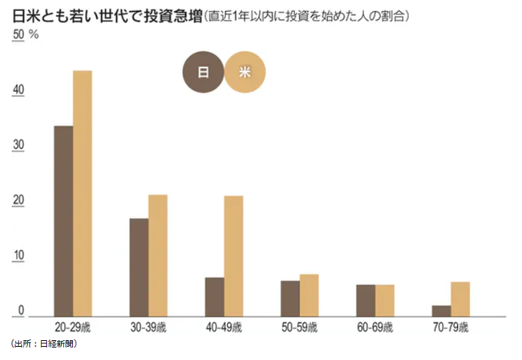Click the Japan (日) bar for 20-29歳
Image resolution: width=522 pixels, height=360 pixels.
[63, 221]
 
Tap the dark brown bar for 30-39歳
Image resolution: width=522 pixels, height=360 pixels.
[139, 267]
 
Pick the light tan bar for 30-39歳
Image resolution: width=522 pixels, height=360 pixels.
[158, 256]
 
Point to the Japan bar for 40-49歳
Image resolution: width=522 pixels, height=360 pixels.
[215, 297]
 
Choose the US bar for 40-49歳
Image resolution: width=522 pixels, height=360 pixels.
[234, 256]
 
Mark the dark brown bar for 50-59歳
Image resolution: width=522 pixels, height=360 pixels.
[290, 298]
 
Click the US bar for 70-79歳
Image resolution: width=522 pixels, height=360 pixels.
[460, 299]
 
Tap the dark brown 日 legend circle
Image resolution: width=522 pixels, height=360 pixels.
[204, 72]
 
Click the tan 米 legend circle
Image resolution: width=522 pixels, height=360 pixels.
[245, 72]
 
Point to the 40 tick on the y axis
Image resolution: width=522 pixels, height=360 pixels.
[18, 91]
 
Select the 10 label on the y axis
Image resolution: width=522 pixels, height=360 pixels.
[18, 256]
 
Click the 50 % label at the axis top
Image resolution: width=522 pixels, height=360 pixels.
[25, 35]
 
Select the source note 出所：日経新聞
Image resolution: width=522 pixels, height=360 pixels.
[44, 343]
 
